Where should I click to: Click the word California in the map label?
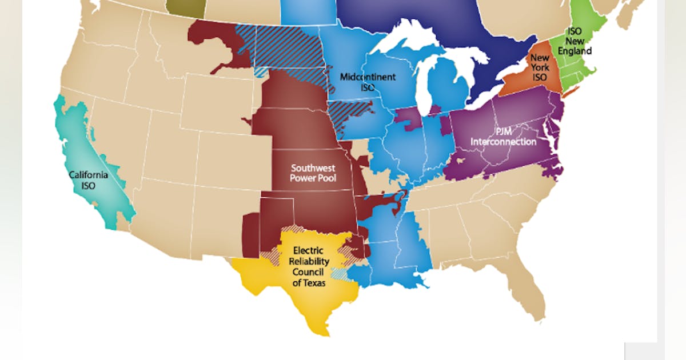[88, 175]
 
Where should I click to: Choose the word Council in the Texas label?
[308, 271]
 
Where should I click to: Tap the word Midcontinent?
[368, 77]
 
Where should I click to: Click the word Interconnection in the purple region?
[503, 142]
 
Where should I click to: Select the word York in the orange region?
[540, 67]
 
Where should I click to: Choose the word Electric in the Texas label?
[308, 250]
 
